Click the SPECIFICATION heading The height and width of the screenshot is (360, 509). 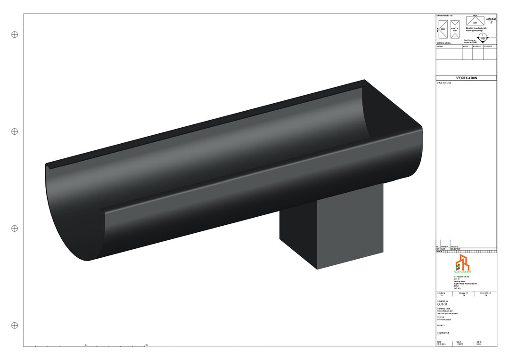point(466,78)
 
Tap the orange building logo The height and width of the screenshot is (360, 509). point(462,262)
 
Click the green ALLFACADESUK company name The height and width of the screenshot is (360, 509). point(462,272)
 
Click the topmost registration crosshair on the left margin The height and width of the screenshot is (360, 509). point(15,34)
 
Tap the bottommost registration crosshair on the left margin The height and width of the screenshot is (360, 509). point(15,325)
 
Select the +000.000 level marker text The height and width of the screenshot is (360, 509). point(491,19)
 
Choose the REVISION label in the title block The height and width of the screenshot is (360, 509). point(442,293)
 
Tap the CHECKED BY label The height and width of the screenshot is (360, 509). point(485,293)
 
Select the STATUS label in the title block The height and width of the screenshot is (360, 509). point(441,317)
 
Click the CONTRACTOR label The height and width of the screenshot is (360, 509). point(443,333)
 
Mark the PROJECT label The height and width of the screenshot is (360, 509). point(441,325)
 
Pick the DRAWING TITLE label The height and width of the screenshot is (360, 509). point(444,309)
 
